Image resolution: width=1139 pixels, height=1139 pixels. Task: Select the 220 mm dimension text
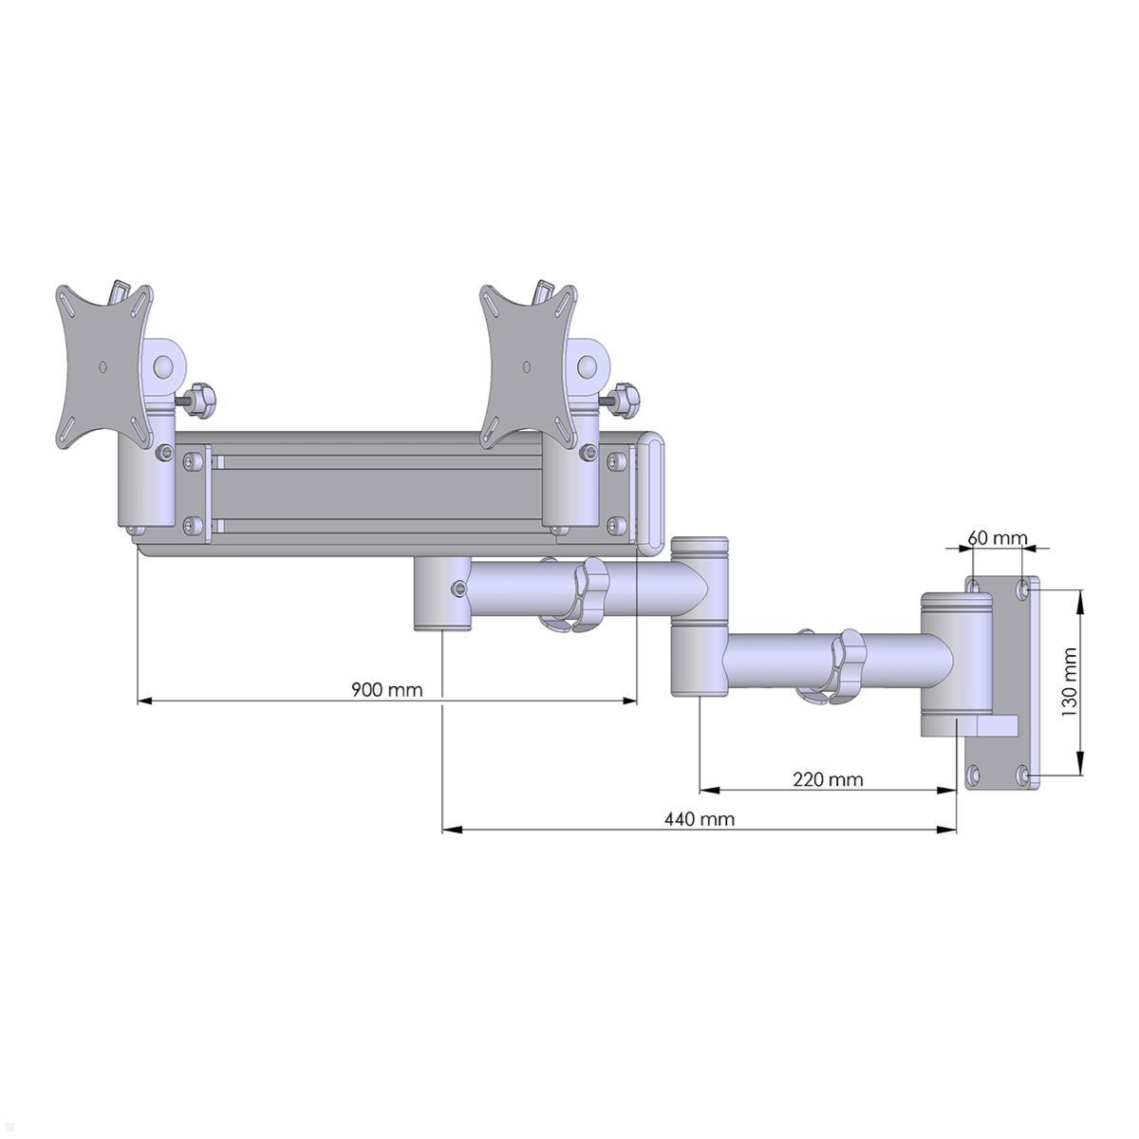[x=828, y=779]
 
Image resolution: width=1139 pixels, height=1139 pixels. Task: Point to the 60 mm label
[x=997, y=538]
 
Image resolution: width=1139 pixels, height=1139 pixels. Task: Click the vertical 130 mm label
[x=1070, y=682]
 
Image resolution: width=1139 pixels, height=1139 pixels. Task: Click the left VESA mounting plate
[x=103, y=365]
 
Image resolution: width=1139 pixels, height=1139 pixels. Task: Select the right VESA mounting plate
[x=528, y=365]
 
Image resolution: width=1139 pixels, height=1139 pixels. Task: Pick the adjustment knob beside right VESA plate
[x=626, y=400]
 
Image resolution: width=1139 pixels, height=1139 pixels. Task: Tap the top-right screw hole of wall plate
[x=1024, y=589]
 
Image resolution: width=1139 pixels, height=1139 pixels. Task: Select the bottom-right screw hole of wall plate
[x=1024, y=775]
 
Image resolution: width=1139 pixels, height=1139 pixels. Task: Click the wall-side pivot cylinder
[x=954, y=664]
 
